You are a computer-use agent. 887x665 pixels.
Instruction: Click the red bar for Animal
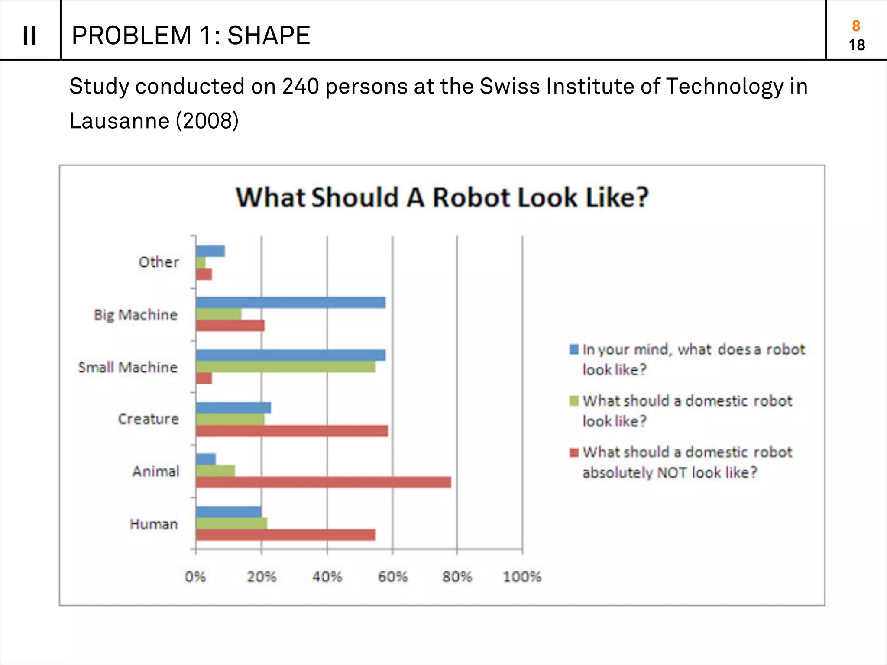click(x=323, y=482)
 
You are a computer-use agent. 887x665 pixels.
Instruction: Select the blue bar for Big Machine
click(x=290, y=303)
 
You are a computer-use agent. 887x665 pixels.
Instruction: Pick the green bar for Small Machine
click(x=285, y=367)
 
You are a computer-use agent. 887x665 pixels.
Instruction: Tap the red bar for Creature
click(x=291, y=431)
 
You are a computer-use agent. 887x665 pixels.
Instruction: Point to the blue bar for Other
click(x=210, y=251)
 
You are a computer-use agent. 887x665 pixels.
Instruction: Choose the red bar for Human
click(x=285, y=535)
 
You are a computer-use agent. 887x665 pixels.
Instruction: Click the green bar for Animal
click(x=215, y=471)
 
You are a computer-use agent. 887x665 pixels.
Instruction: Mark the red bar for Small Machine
click(x=204, y=378)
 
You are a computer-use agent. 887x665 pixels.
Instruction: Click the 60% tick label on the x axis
click(x=392, y=577)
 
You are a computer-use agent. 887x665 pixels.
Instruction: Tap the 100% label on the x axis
click(x=522, y=577)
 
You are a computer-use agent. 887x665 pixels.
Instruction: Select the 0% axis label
click(x=195, y=577)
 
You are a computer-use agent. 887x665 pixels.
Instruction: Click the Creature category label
click(x=148, y=419)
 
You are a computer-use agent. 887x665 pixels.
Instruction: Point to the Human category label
click(x=154, y=524)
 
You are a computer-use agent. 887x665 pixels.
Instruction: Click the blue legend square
click(x=574, y=349)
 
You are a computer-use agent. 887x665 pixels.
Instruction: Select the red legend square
click(x=574, y=452)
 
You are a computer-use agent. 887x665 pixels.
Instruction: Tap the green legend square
click(x=574, y=401)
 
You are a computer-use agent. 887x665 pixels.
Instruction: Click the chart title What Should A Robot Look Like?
click(x=442, y=197)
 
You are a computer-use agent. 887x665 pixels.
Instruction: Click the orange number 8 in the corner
click(x=856, y=26)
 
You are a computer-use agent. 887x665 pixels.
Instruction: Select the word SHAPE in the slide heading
click(x=269, y=36)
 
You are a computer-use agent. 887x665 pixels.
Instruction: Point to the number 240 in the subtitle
click(x=301, y=86)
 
